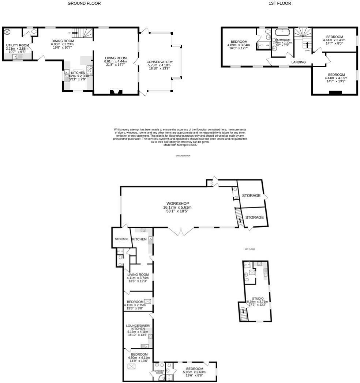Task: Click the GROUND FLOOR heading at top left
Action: pyautogui.click(x=84, y=3)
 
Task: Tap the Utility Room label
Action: pyautogui.click(x=17, y=45)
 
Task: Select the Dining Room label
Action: pyautogui.click(x=62, y=41)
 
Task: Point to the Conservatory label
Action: pyautogui.click(x=160, y=62)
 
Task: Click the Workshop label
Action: pyautogui.click(x=177, y=203)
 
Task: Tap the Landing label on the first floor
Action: pyautogui.click(x=298, y=62)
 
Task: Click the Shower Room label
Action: pyautogui.click(x=159, y=371)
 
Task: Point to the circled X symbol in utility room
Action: pyautogui.click(x=7, y=32)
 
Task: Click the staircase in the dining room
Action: pyautogui.click(x=82, y=34)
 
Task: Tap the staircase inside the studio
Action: pyautogui.click(x=243, y=312)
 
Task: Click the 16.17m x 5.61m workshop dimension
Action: pyautogui.click(x=177, y=208)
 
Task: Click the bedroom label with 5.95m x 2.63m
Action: pyautogui.click(x=194, y=369)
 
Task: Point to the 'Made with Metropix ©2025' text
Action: pyautogui.click(x=180, y=145)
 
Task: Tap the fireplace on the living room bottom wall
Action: pyautogui.click(x=116, y=92)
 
